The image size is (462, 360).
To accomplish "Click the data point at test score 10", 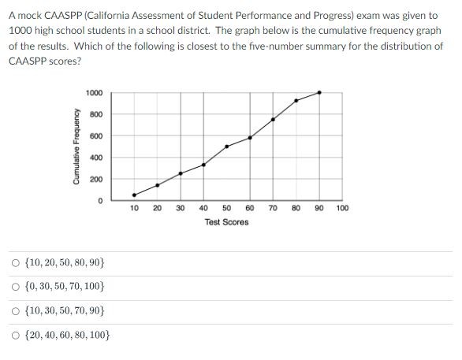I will coord(134,195).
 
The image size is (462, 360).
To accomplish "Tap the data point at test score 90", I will coord(319,92).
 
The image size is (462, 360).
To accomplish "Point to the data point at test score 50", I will coord(227,147).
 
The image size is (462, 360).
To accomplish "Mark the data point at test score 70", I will coord(273,120).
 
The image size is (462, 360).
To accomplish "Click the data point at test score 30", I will coord(181,173).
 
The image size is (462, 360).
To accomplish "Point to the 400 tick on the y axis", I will coord(96,158).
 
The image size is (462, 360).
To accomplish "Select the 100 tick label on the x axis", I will coord(342,209).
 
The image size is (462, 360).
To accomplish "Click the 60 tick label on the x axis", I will coord(250,209).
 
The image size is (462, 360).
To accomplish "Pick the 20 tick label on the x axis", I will coord(157,209).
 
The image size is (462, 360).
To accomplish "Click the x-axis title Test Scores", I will coord(226,222).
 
